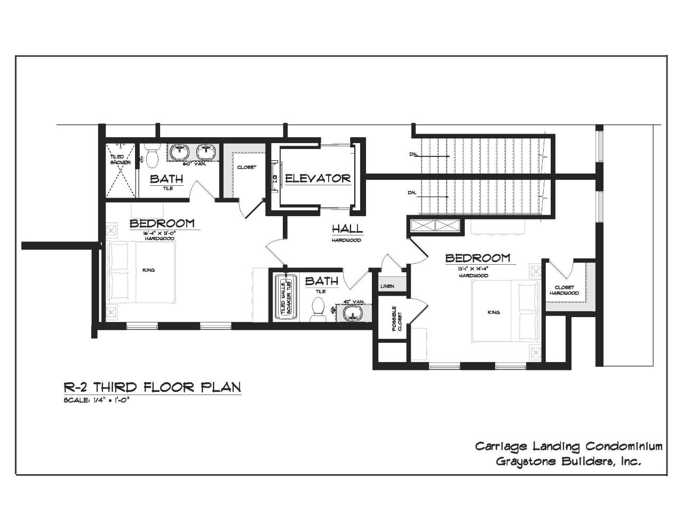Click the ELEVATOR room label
[x=317, y=178]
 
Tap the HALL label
[x=347, y=229]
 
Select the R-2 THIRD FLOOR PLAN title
[x=152, y=387]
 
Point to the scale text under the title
[x=97, y=400]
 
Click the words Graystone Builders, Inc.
[x=568, y=461]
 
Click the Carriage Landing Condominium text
[x=569, y=446]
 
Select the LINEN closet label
[x=387, y=287]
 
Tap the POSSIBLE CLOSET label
[x=395, y=319]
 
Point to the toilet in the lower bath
[x=318, y=308]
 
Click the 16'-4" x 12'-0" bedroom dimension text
[x=160, y=234]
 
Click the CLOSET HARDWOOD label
[x=564, y=290]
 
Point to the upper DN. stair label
[x=413, y=155]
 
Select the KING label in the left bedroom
[x=148, y=270]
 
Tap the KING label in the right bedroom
[x=494, y=312]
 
